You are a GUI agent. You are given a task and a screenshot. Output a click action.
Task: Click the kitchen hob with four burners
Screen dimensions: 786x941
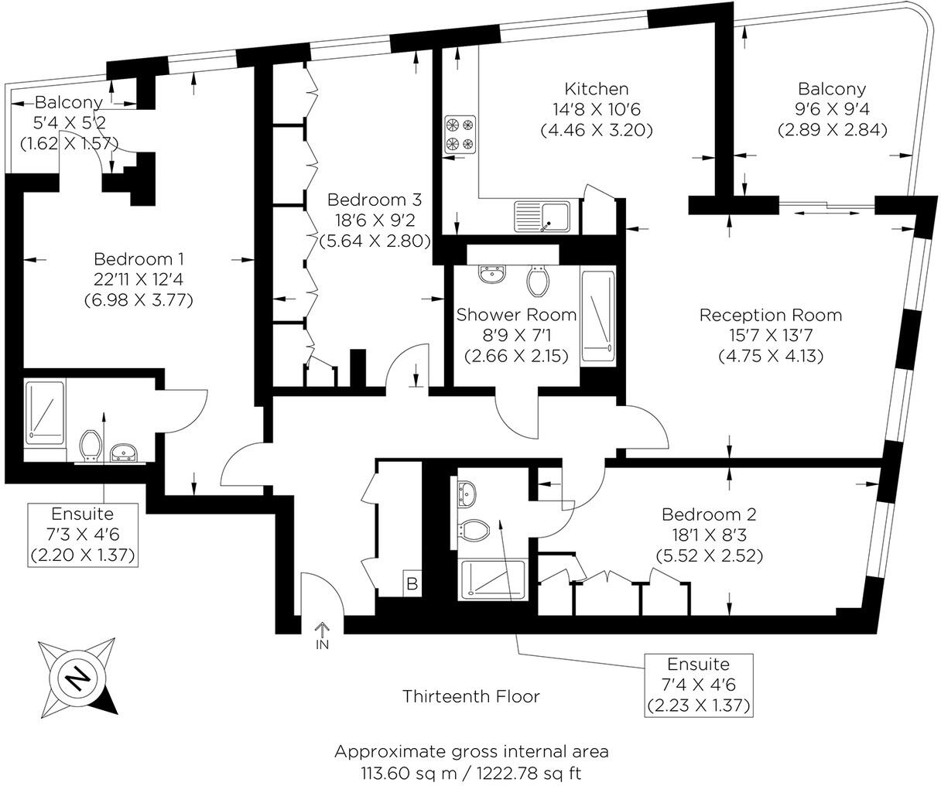460,133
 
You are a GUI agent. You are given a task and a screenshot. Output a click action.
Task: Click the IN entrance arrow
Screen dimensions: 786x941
322,634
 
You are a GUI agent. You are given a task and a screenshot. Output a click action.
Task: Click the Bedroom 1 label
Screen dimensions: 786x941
139,258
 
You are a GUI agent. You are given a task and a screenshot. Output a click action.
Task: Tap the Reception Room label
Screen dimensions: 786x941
770,315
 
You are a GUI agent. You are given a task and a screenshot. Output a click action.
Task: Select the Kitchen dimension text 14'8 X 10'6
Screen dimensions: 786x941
596,109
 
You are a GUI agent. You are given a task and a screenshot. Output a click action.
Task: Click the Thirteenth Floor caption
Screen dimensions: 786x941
470,696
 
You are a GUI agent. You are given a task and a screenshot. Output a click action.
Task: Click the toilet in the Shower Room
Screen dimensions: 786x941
538,281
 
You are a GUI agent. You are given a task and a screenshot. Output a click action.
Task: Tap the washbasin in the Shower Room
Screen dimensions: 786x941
491,274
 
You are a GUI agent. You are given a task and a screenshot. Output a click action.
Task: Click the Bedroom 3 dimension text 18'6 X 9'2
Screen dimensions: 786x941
375,220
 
